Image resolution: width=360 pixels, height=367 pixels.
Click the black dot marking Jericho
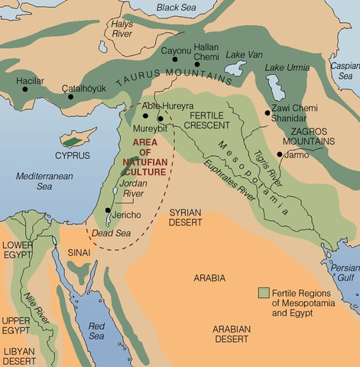click(108, 209)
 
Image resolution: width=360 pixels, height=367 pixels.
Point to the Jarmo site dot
click(281, 155)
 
